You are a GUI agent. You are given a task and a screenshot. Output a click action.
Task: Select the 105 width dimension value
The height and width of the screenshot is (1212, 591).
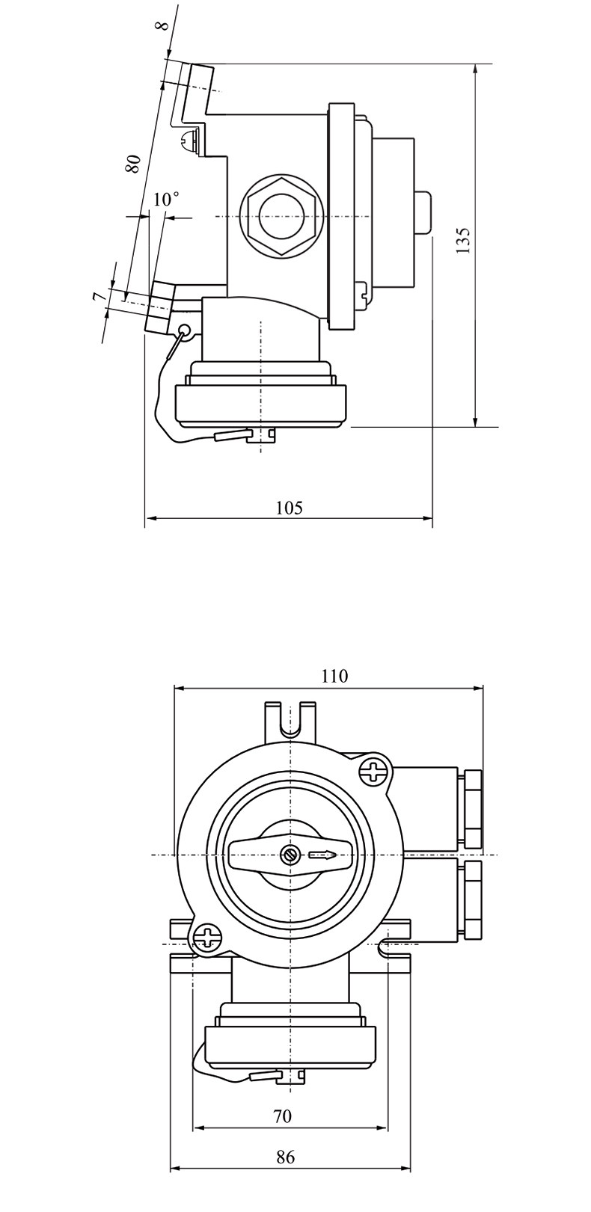pyautogui.click(x=290, y=508)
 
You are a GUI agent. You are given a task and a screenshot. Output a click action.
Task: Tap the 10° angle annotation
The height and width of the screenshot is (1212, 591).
pyautogui.click(x=166, y=199)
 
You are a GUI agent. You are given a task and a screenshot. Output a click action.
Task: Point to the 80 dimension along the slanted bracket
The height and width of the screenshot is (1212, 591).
pyautogui.click(x=133, y=163)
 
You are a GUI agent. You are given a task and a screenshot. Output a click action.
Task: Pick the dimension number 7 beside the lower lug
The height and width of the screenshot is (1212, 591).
pyautogui.click(x=98, y=296)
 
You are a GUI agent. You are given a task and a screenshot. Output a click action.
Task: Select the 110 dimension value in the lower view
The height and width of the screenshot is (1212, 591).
pyautogui.click(x=335, y=676)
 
